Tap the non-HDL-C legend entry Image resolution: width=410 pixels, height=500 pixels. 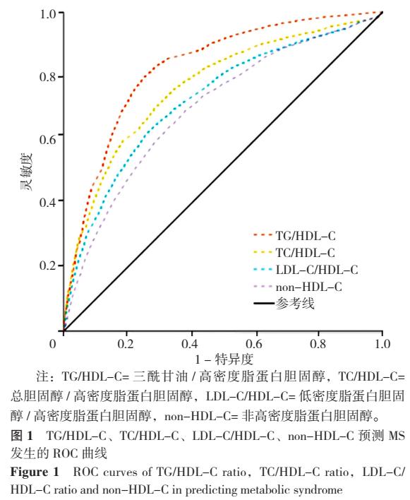310,287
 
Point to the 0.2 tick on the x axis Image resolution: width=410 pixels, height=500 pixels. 127,344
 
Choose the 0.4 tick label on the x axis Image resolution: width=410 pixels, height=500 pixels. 191,344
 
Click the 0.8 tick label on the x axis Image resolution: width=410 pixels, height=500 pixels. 318,344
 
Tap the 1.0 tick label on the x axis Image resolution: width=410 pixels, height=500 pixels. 382,344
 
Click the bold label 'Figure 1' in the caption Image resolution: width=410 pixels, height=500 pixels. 30,471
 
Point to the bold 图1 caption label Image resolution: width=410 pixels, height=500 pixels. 22,438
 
